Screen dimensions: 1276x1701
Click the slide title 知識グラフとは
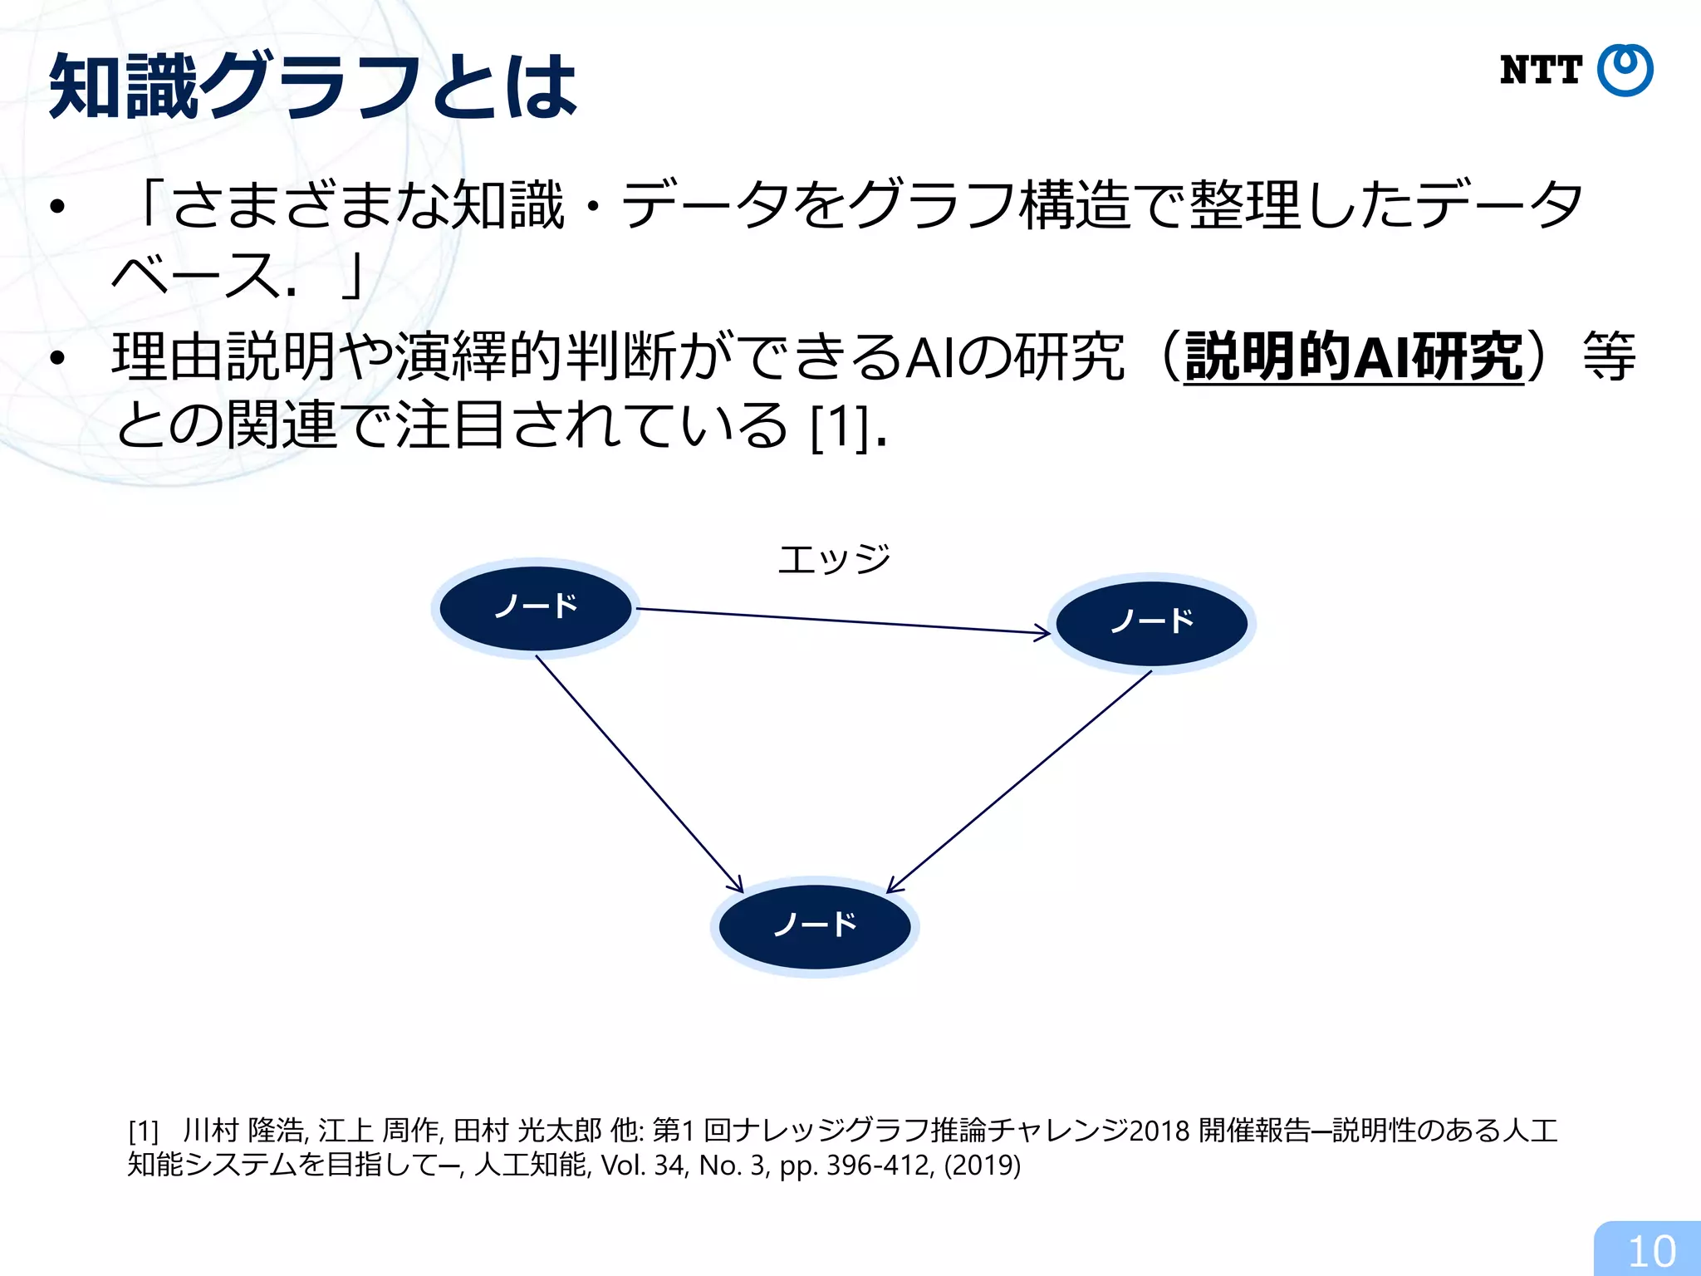click(x=313, y=86)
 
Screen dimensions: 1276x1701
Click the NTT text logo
click(x=1541, y=71)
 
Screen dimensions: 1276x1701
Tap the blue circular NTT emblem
click(x=1625, y=71)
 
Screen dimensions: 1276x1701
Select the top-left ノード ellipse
click(x=536, y=607)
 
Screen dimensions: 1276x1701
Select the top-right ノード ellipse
click(x=1152, y=622)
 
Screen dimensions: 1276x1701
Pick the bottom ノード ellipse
click(x=815, y=925)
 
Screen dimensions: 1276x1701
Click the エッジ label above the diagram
click(x=834, y=558)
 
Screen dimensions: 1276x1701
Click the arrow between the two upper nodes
click(x=843, y=621)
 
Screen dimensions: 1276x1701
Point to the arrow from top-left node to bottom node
click(x=639, y=773)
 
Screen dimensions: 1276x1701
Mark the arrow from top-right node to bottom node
click(x=1020, y=781)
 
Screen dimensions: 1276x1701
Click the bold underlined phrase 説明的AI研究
click(x=1354, y=357)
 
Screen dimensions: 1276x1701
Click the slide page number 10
click(x=1651, y=1251)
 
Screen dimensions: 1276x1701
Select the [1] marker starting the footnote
click(x=144, y=1131)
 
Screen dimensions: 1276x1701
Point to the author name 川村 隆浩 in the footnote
click(x=244, y=1131)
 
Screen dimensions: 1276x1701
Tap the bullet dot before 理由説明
click(x=56, y=359)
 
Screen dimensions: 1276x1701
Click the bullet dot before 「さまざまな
click(x=56, y=207)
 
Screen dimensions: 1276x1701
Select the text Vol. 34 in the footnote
click(x=644, y=1166)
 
